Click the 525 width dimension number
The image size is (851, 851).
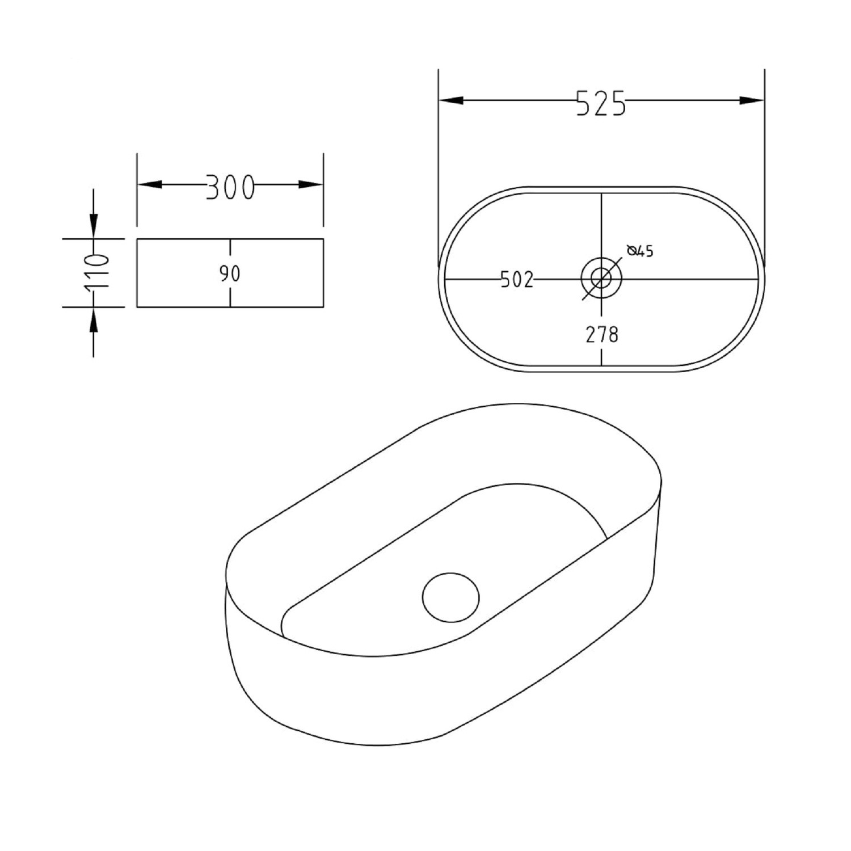[601, 103]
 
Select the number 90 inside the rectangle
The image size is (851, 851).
[230, 273]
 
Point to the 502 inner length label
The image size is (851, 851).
[516, 280]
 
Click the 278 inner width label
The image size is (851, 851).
[602, 335]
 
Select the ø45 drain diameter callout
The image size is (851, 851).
[641, 251]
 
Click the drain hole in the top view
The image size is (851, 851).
[601, 278]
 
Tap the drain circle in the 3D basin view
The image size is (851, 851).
[451, 597]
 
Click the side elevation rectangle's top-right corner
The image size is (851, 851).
[323, 239]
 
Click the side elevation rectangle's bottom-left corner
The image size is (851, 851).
[137, 307]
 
